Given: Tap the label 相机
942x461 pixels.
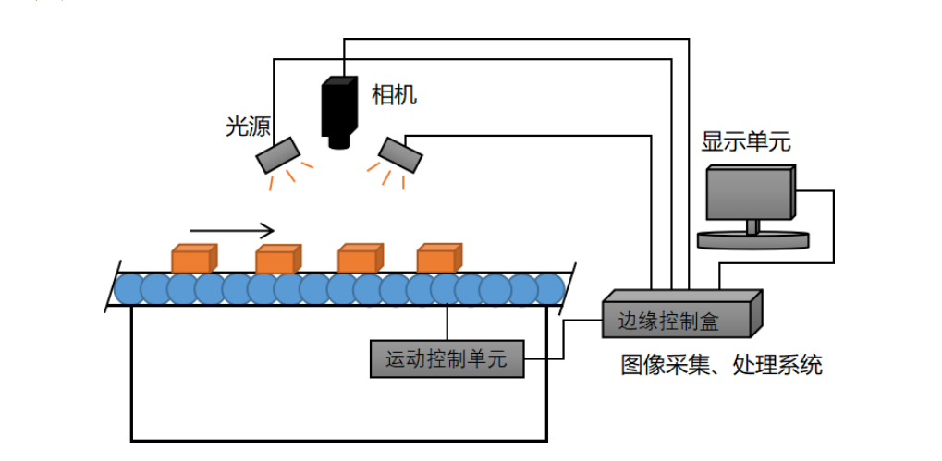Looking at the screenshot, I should [394, 94].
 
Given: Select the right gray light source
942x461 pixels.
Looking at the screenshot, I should [400, 153].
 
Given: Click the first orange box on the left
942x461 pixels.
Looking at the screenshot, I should [193, 259].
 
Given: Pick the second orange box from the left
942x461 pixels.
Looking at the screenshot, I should [277, 260].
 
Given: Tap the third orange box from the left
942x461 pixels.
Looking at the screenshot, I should [359, 259].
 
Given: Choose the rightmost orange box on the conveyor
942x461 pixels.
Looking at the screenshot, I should [438, 259].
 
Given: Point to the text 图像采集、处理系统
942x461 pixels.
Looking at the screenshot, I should [721, 365].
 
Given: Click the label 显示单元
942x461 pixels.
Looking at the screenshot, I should [746, 142].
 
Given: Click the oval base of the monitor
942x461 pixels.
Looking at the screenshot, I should [752, 239].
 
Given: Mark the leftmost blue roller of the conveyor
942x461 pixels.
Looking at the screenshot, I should [128, 290].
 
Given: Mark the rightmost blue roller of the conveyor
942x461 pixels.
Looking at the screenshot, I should [549, 290].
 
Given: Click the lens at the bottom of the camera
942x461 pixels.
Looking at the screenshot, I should [339, 141].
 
